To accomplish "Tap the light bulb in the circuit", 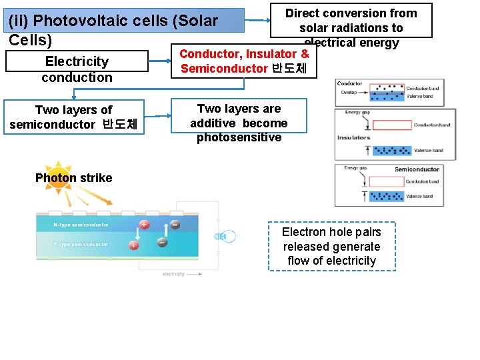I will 223,236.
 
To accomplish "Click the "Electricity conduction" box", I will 77,69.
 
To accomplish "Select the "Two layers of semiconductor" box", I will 73,117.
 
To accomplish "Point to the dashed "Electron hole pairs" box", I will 331,246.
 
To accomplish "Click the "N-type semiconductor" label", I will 81,225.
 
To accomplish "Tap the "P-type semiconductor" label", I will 81,245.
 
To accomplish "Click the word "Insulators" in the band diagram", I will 353,137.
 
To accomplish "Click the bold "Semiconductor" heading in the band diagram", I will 417,169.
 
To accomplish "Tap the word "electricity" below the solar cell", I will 173,274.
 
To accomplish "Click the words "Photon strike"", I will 73,178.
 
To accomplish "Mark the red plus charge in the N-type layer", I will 144,225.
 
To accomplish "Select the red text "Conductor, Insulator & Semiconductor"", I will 244,61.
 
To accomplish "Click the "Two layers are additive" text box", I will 239,123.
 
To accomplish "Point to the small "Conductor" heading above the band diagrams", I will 349,84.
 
